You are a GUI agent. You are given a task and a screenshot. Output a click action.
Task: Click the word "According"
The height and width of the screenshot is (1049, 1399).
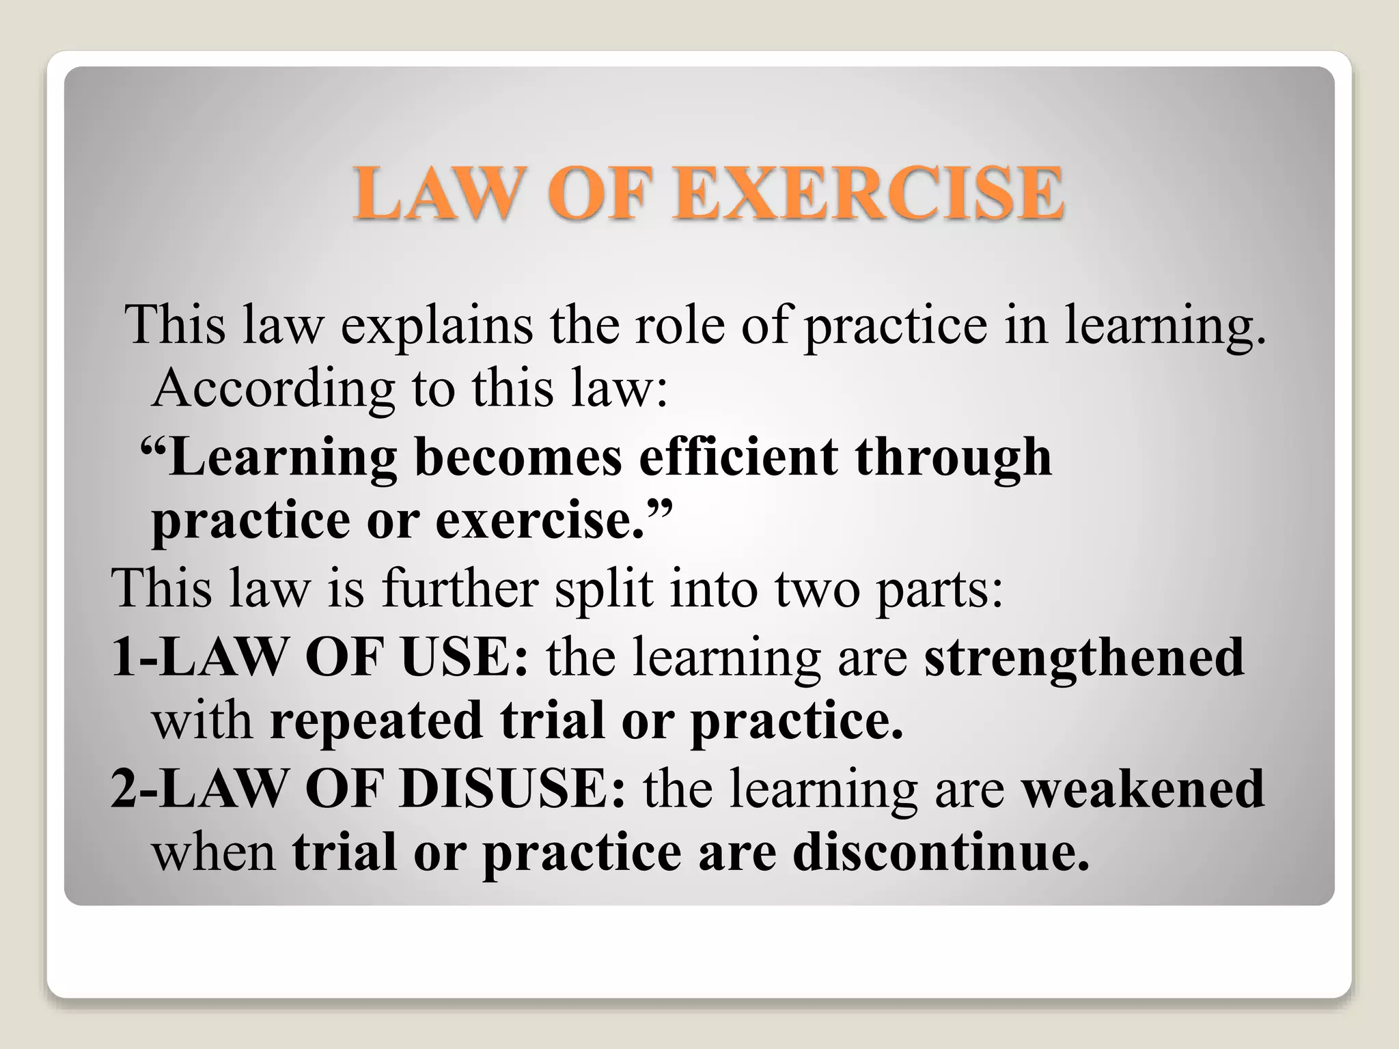point(273,389)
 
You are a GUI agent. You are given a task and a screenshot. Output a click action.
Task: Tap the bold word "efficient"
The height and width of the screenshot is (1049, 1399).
point(738,457)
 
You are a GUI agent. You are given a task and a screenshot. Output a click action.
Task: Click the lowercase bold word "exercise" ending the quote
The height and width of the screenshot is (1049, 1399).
point(540,520)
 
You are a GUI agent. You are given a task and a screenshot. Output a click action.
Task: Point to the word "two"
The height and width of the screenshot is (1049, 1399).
point(817,589)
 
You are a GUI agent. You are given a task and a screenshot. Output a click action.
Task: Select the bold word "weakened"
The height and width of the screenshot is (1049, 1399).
point(1143,788)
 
